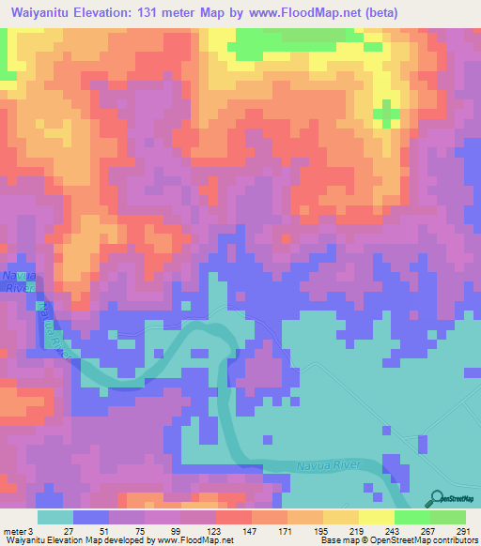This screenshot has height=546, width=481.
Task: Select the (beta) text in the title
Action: coord(376,13)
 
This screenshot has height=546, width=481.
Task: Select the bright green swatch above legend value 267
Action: coord(412,517)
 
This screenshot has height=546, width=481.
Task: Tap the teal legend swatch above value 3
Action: coord(55,517)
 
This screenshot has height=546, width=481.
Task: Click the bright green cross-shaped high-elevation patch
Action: coord(384,114)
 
